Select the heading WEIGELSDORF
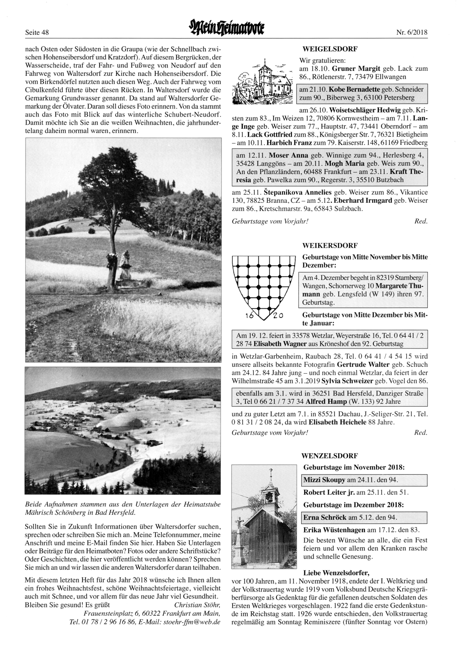tap(330, 48)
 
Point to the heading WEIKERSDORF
tap(330, 246)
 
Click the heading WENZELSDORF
tap(330, 456)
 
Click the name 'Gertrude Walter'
tap(363, 365)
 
